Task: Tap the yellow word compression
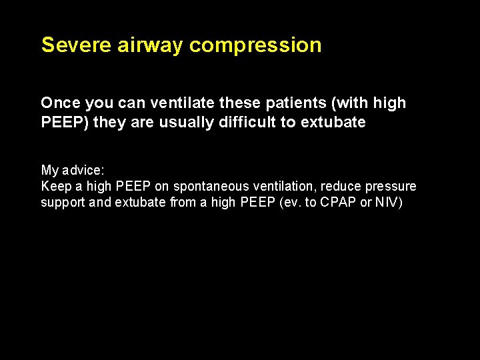[256, 45]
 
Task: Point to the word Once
[59, 103]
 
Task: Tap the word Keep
[54, 186]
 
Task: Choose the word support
[62, 202]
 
